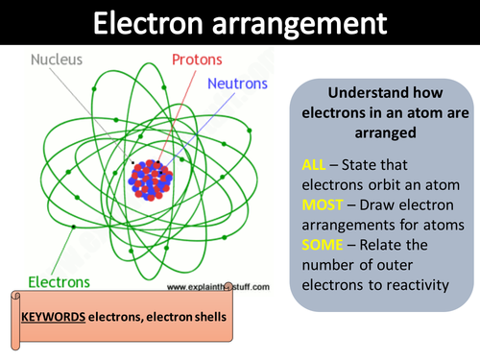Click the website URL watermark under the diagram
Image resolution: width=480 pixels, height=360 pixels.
tap(220, 286)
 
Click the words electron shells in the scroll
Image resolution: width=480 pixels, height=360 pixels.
tap(198, 318)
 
